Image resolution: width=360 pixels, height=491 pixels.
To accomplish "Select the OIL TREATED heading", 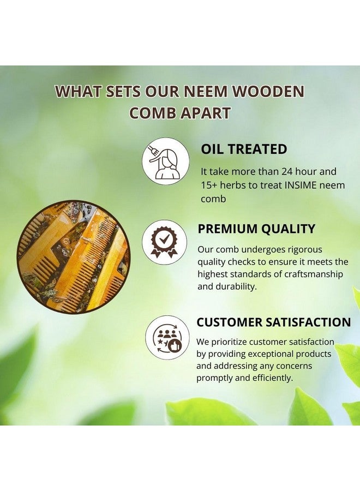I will point(244,149).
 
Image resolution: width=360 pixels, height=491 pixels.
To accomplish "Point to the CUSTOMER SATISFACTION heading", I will point(274,322).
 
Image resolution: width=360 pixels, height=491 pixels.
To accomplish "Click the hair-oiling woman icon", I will point(165,161).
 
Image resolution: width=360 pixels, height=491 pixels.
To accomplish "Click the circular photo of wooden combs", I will point(74,256).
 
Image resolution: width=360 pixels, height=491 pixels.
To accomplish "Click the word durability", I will point(237,286).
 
